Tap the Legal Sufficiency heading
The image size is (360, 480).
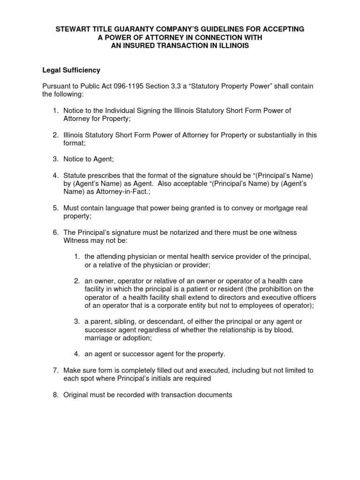tap(72, 70)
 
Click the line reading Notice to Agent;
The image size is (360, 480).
tap(89, 159)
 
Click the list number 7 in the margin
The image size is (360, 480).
tap(54, 370)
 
